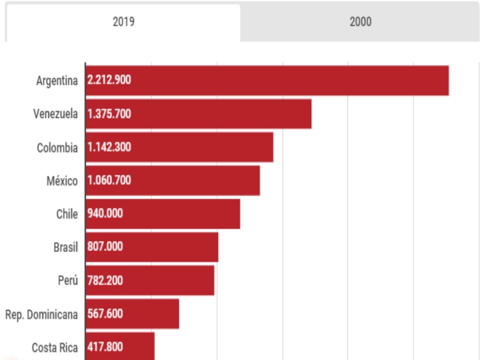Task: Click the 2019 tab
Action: click(123, 22)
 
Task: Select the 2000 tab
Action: click(360, 22)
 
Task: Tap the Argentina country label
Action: click(57, 80)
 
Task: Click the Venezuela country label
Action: click(55, 114)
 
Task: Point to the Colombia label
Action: click(57, 148)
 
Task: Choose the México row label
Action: click(62, 181)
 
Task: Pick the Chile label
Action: click(67, 214)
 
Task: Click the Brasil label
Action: click(65, 247)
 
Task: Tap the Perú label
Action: click(67, 280)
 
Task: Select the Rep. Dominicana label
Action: click(41, 314)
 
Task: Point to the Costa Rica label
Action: click(54, 347)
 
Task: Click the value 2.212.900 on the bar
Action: click(109, 80)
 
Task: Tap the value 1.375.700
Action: click(109, 113)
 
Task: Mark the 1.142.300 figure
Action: click(109, 147)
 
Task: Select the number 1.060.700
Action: click(109, 180)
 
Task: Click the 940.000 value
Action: click(105, 213)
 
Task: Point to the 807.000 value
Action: click(105, 246)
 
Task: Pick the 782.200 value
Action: click(105, 280)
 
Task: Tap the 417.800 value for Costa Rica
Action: click(105, 347)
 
